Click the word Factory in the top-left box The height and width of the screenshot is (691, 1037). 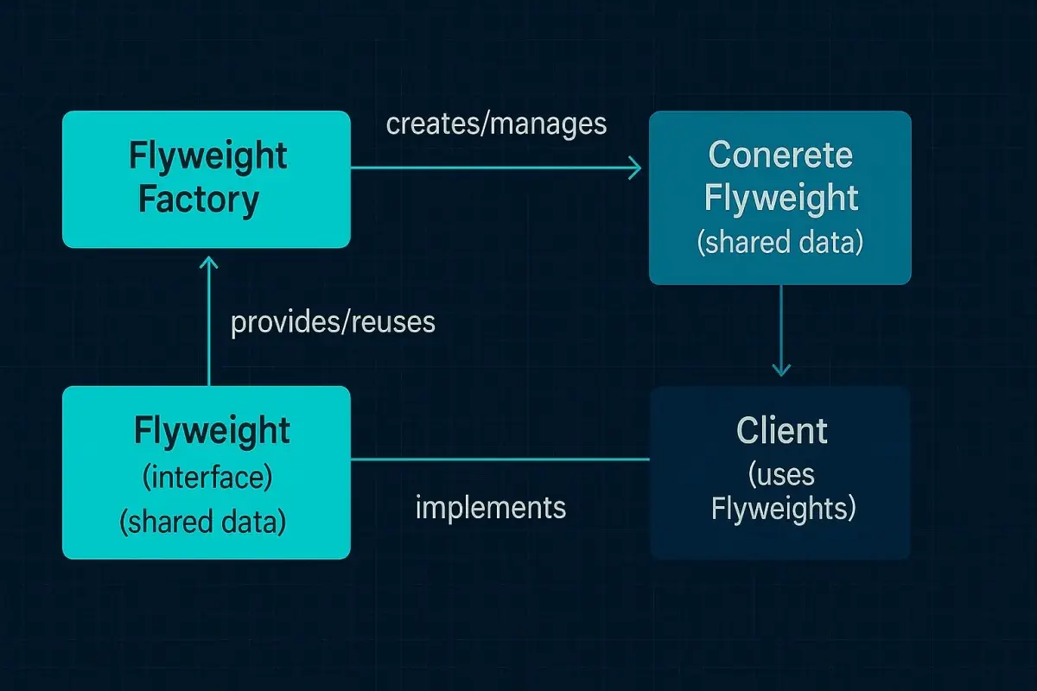199,200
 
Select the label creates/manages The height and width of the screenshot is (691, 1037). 496,124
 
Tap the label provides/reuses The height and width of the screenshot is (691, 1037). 333,322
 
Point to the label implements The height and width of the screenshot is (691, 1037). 490,506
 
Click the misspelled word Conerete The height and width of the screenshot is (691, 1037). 780,155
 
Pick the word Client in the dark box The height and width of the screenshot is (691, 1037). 781,430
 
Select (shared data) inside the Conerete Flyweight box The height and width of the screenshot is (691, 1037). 780,243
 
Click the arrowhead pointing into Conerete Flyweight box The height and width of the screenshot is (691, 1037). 634,168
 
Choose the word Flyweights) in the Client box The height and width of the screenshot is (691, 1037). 783,509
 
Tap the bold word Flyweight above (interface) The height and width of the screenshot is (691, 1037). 212,430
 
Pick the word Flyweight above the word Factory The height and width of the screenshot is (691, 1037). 207,157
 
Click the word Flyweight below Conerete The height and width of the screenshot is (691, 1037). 780,199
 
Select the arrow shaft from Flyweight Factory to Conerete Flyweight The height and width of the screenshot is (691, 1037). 493,168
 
